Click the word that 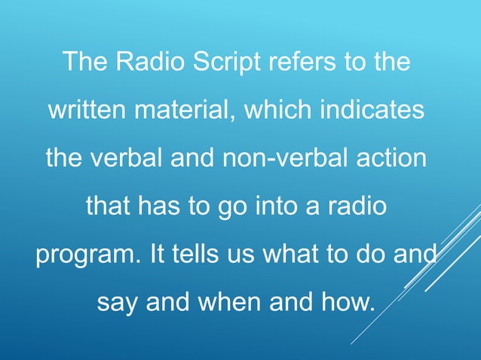[x=108, y=206]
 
